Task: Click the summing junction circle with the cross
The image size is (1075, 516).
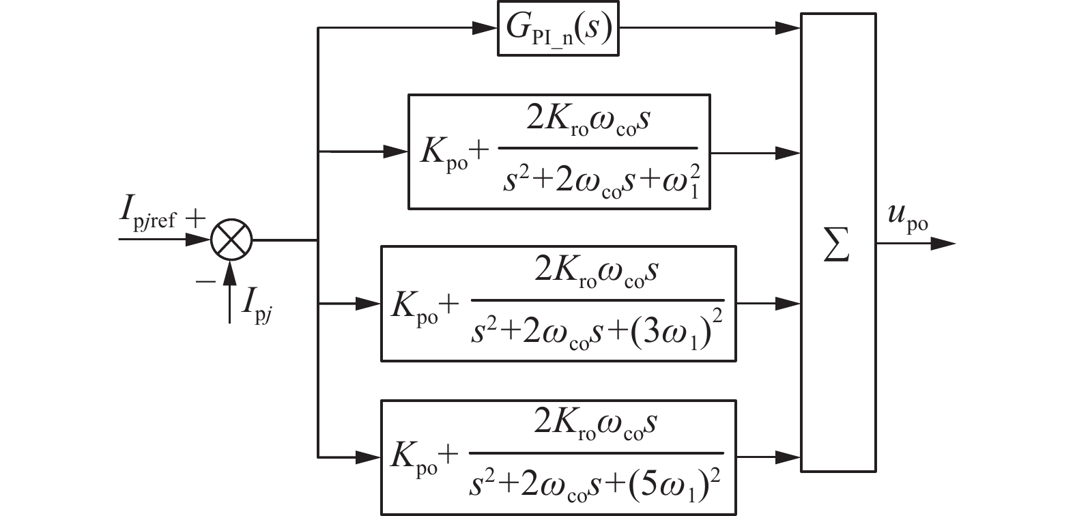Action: pyautogui.click(x=231, y=240)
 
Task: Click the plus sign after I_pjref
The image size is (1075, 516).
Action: pyautogui.click(x=195, y=219)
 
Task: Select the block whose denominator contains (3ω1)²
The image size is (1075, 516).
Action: pyautogui.click(x=558, y=304)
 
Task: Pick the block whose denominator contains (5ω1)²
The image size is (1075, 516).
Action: pyautogui.click(x=558, y=457)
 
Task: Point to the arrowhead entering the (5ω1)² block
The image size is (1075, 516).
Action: pyautogui.click(x=370, y=456)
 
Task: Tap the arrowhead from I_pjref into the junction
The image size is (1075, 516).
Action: pyautogui.click(x=200, y=240)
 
